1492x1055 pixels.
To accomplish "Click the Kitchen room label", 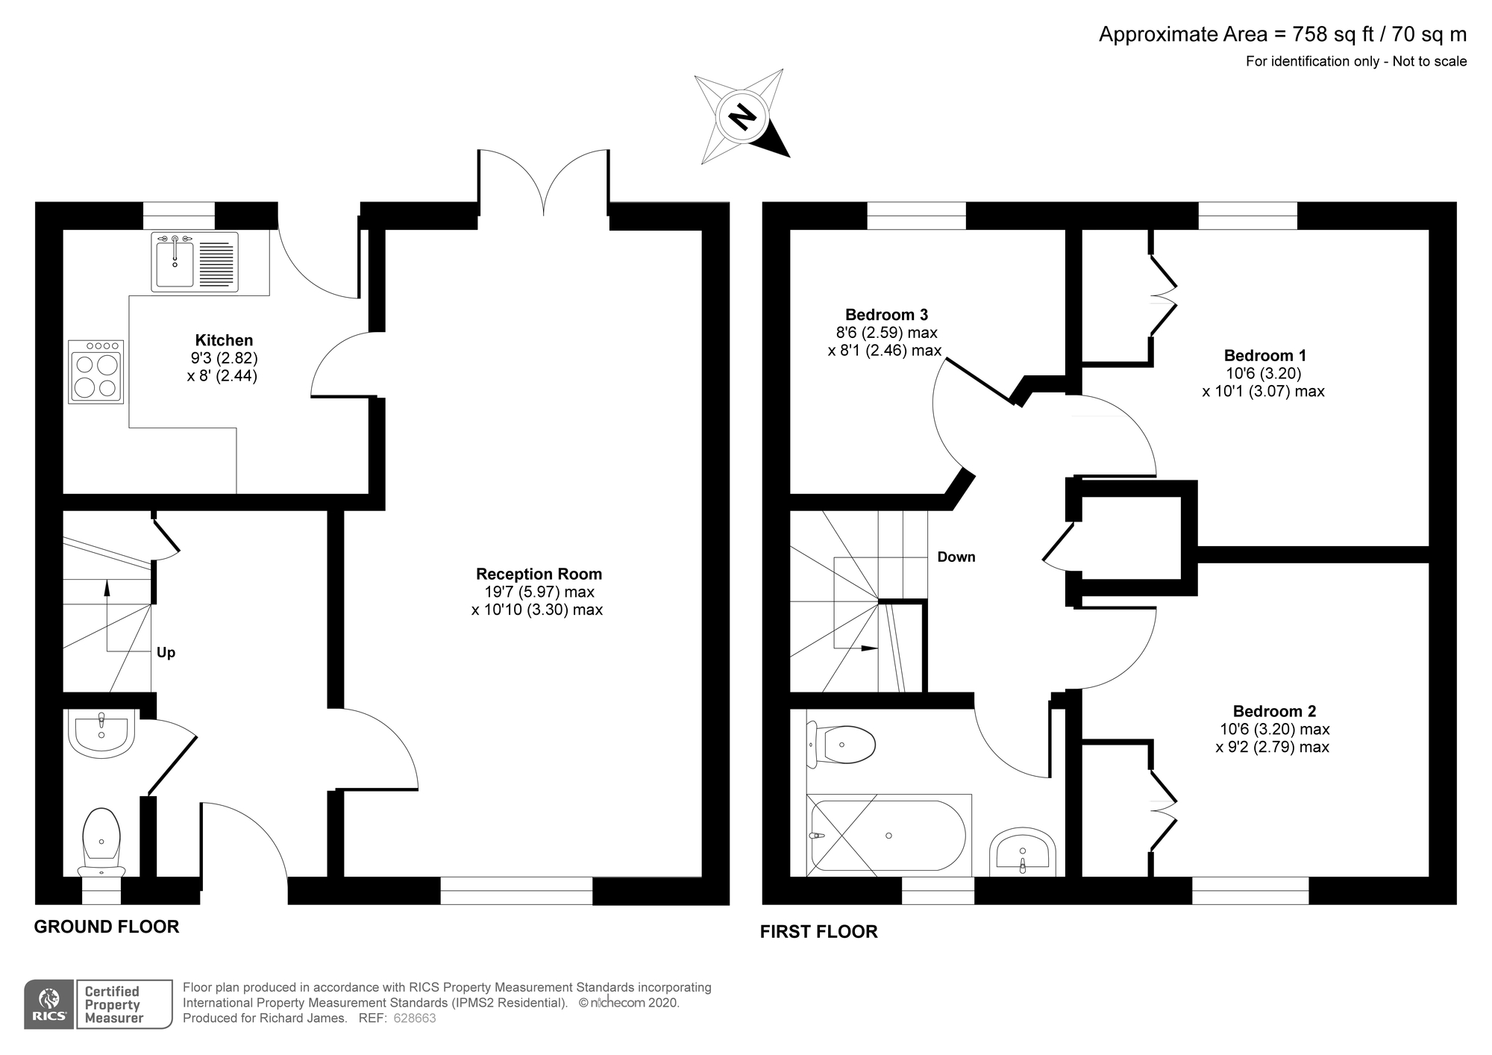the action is coord(224,340).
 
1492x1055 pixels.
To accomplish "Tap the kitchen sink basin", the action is coord(175,261).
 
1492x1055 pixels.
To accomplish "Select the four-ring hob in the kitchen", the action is coord(95,372).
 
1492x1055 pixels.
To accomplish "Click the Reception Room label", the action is coord(539,574).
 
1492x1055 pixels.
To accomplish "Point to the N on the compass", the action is coord(742,116).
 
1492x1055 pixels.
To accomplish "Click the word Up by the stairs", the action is coord(166,653).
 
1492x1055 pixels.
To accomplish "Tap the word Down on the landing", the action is coord(956,557).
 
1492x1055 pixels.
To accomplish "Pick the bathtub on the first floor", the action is coord(889,836).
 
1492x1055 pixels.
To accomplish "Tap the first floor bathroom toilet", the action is coord(841,744).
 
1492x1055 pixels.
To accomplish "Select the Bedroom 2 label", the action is coord(1274,712).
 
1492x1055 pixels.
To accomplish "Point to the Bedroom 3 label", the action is coord(886,315).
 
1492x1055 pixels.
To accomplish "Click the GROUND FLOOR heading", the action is coord(107,927).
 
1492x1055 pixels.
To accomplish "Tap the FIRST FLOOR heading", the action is coord(819,931).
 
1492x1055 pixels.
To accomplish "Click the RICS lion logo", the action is coord(49,1004).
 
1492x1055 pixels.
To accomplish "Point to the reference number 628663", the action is coord(414,1018).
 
